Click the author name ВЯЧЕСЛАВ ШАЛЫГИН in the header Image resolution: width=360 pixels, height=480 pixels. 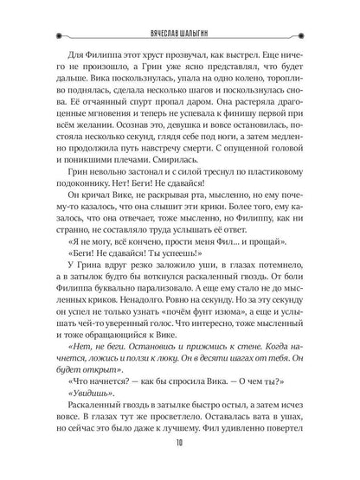pyautogui.click(x=180, y=15)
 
